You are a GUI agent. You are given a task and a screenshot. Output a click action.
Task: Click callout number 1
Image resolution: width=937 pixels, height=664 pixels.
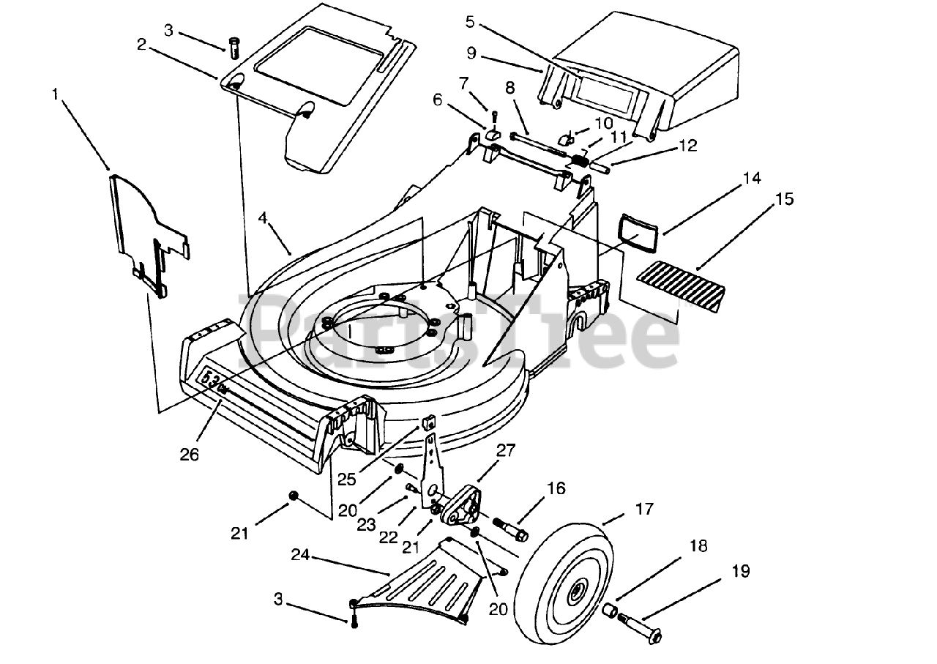55,94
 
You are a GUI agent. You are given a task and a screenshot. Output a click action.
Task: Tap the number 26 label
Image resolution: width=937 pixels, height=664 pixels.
190,455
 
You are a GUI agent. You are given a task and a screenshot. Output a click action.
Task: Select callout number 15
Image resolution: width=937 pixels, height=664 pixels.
785,199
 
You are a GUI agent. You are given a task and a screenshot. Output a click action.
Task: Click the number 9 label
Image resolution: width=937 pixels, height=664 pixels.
471,53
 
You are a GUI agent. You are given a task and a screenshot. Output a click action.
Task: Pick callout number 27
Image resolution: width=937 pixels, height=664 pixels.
506,451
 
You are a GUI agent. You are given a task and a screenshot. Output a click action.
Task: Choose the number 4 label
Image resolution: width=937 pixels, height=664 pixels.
263,217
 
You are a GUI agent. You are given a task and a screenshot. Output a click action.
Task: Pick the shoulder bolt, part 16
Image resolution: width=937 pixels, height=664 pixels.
511,529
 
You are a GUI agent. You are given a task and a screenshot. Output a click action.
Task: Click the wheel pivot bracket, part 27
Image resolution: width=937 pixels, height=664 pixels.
462,504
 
